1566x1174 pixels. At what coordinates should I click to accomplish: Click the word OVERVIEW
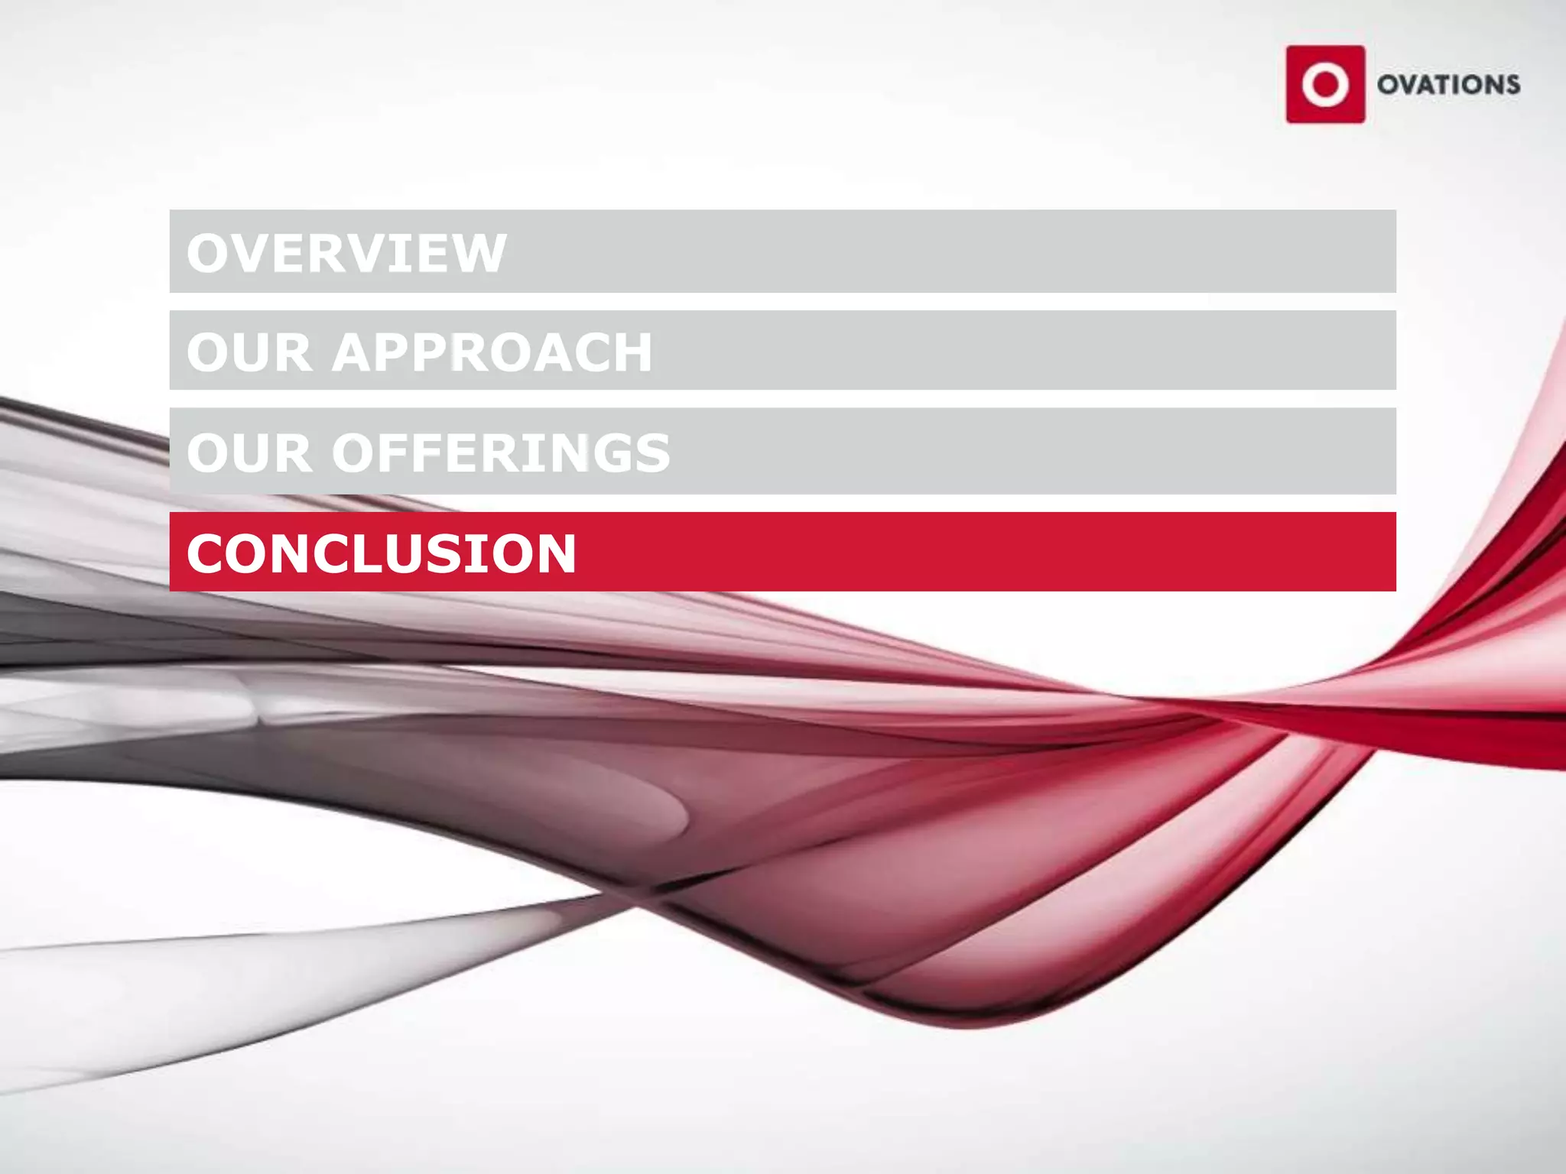tap(346, 253)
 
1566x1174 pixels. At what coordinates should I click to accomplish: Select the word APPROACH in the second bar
tap(492, 352)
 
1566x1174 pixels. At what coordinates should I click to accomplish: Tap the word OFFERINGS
tap(501, 452)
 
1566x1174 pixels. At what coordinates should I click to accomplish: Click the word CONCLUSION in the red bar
tap(381, 553)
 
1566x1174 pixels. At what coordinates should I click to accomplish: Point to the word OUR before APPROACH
tap(249, 352)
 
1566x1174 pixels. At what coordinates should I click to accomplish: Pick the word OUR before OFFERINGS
tap(249, 452)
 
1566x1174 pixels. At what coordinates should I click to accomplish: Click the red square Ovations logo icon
tap(1325, 84)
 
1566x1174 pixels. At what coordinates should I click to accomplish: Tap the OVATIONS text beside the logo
tap(1448, 84)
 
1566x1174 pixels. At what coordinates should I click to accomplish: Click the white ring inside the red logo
tap(1325, 84)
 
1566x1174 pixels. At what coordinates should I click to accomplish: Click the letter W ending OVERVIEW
tap(479, 253)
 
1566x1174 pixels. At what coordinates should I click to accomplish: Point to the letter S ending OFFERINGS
tap(651, 452)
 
